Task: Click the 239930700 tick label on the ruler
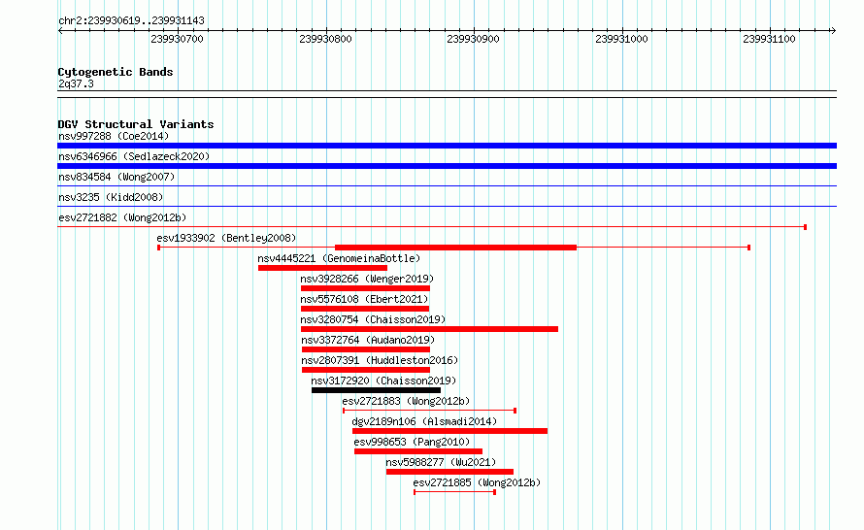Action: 177,39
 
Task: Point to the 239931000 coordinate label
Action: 621,39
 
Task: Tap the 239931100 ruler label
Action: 769,39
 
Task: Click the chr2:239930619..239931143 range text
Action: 131,20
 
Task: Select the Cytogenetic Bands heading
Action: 116,72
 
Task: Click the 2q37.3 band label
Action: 76,83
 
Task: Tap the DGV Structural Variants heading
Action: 136,124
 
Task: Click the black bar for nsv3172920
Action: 376,390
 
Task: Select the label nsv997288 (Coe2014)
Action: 114,136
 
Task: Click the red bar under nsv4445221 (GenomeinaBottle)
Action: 322,268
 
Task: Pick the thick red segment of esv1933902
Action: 455,248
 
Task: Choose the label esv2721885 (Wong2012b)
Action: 477,482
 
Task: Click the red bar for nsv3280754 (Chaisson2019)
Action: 429,329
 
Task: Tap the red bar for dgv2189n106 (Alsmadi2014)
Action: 449,431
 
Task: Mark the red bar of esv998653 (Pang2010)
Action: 418,451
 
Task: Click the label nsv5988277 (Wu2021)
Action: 441,462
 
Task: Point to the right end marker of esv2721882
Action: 806,227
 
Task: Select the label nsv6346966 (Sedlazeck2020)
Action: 134,156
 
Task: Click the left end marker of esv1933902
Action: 158,248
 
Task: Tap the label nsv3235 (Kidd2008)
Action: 111,197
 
